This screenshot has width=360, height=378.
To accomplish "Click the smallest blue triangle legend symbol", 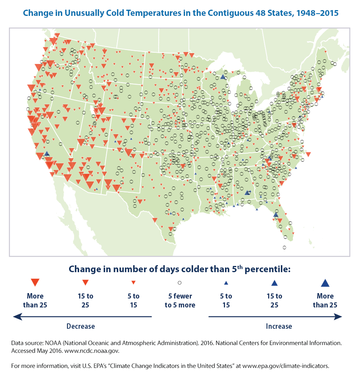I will coord(226,283).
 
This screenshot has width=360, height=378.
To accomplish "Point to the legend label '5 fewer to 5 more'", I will coord(180,300).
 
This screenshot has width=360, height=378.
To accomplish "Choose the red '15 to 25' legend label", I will coord(85,300).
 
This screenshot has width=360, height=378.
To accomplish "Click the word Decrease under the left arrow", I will coord(81,326).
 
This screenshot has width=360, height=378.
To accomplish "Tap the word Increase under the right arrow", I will coord(279,326).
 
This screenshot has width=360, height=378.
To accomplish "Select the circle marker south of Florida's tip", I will coord(284,247).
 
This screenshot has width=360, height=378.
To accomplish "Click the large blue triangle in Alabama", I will coord(247,192).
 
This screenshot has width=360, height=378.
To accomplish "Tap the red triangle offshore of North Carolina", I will coord(308,154).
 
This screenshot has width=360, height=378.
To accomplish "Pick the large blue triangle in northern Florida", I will coord(276,214).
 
